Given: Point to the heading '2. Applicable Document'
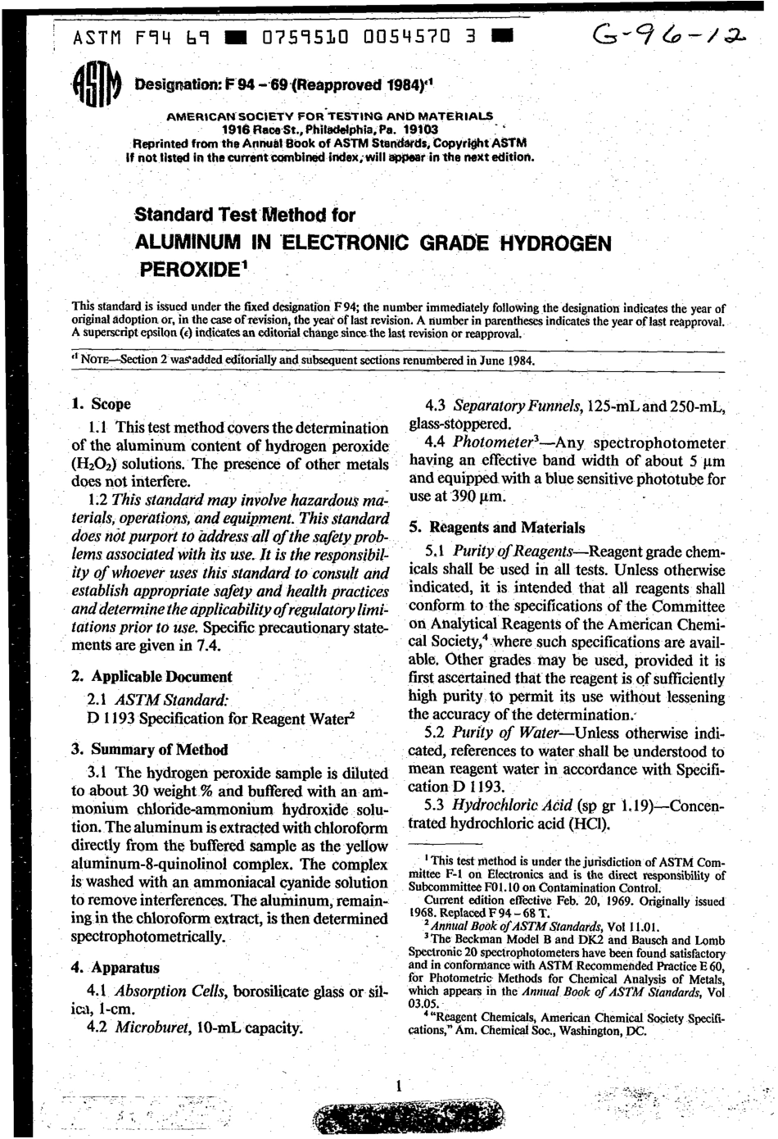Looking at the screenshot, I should [x=152, y=677].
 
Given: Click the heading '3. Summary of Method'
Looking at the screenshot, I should [x=149, y=749].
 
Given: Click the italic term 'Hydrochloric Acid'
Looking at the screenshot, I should [x=506, y=805].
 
